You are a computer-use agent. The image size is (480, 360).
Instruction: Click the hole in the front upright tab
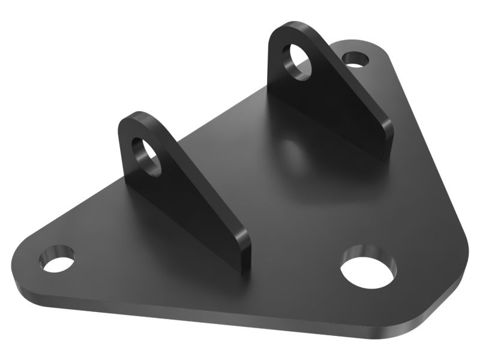click(x=146, y=155)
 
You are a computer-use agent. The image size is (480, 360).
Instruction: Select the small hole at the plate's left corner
click(x=58, y=259)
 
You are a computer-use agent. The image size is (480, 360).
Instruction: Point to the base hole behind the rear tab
click(x=355, y=59)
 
